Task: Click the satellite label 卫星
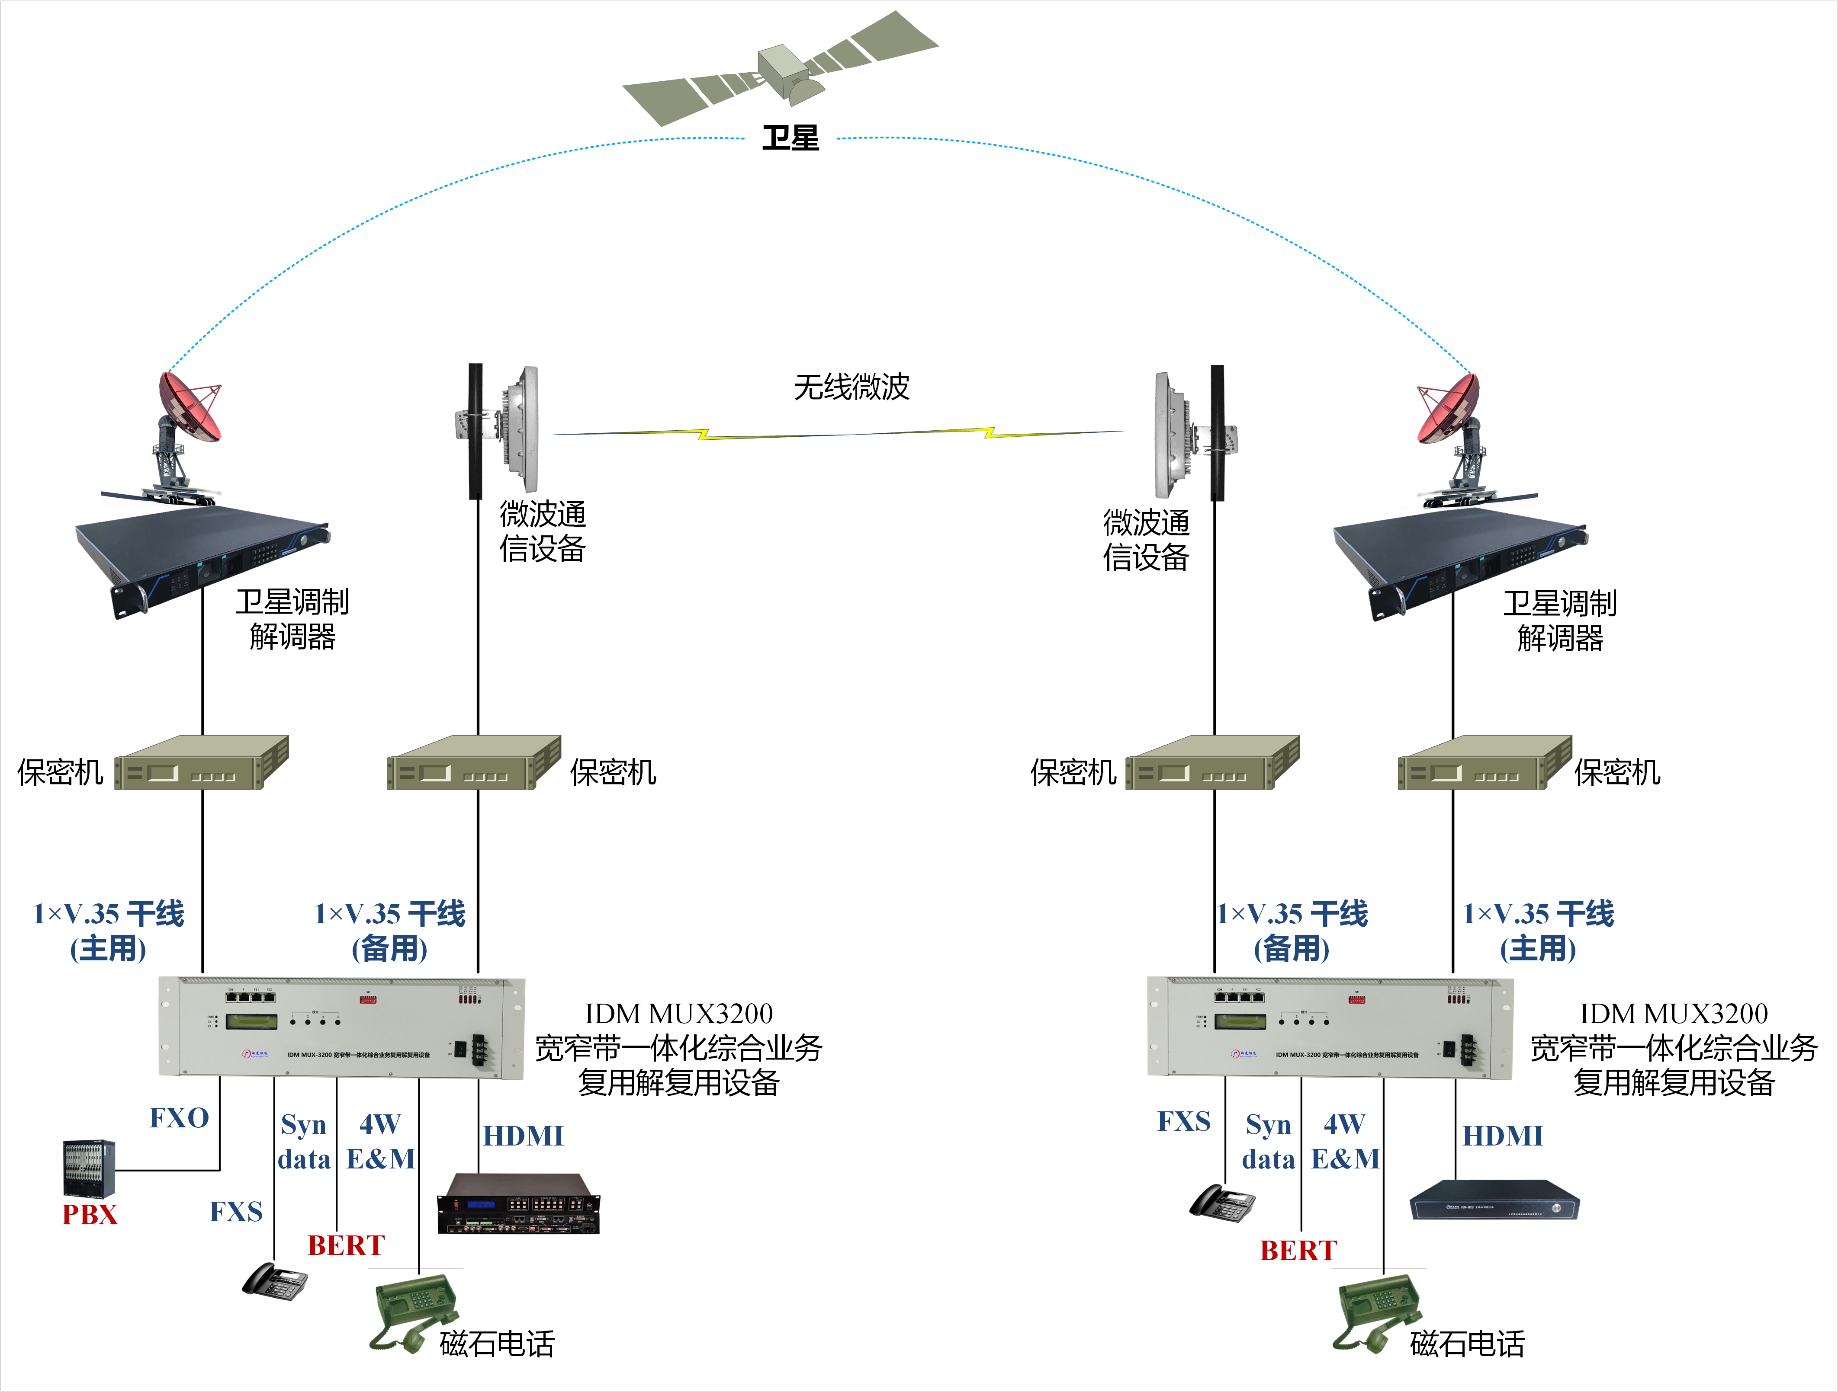coord(790,138)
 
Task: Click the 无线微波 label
coord(852,387)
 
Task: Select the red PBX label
coord(90,1214)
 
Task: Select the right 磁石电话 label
coord(1467,1343)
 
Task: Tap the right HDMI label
coord(1502,1136)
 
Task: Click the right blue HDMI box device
coord(1494,1200)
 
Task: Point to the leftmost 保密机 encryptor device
coord(201,762)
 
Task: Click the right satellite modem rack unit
coord(1460,557)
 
